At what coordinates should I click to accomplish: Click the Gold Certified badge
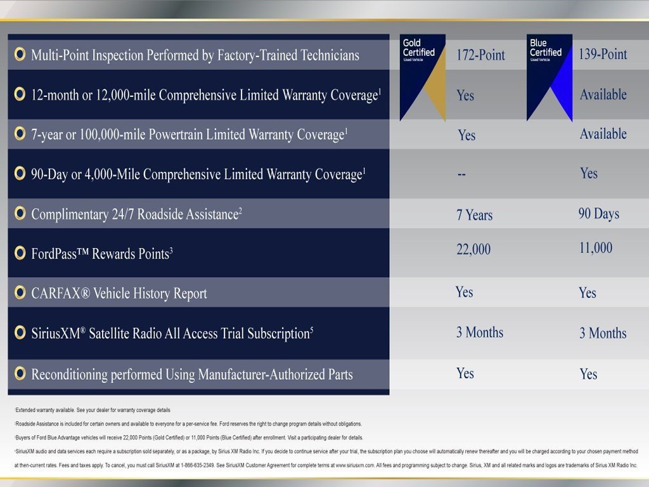point(422,76)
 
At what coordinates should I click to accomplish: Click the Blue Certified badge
point(549,76)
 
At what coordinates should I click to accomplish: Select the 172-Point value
point(480,55)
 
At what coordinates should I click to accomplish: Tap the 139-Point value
point(602,55)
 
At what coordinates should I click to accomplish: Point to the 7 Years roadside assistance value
point(474,215)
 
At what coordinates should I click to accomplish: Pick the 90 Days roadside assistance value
point(598,214)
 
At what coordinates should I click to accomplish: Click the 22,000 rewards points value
point(473,250)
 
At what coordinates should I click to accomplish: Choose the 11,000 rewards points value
point(595,248)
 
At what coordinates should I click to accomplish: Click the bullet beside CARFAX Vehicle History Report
point(20,293)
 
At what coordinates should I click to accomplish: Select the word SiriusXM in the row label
point(58,334)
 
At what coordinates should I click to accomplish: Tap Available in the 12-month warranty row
point(603,94)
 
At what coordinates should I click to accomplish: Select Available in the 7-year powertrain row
point(603,134)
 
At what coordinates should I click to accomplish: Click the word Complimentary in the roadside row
point(70,214)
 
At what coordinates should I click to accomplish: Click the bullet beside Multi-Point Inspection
point(20,55)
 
